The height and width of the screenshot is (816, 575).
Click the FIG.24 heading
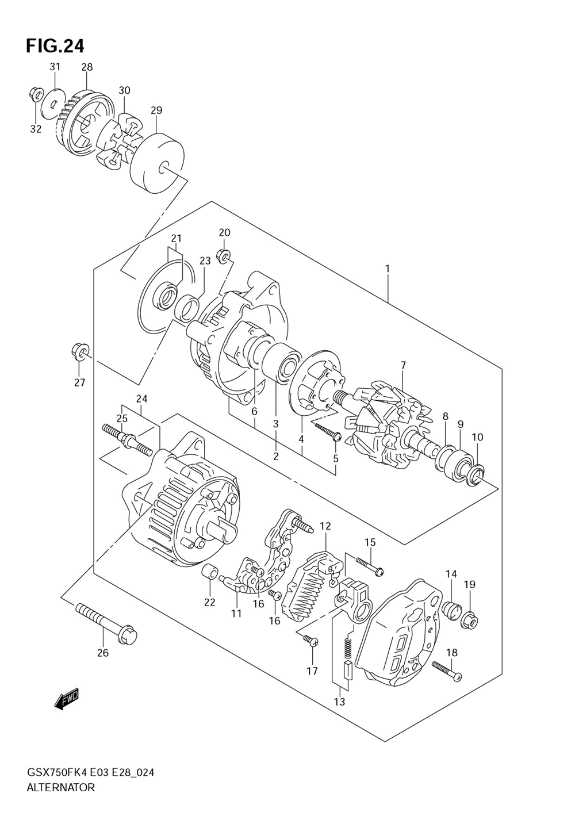(x=55, y=45)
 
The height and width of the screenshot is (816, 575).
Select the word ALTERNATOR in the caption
(x=60, y=787)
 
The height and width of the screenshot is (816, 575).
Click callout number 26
(x=102, y=653)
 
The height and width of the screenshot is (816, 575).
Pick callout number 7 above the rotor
(x=403, y=365)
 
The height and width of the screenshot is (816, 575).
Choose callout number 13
(x=339, y=702)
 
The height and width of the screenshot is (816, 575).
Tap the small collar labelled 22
(x=211, y=573)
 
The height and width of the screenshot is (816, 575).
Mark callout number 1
(x=388, y=269)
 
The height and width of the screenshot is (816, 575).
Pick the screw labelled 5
(x=328, y=431)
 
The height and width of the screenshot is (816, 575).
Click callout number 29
(x=156, y=110)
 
